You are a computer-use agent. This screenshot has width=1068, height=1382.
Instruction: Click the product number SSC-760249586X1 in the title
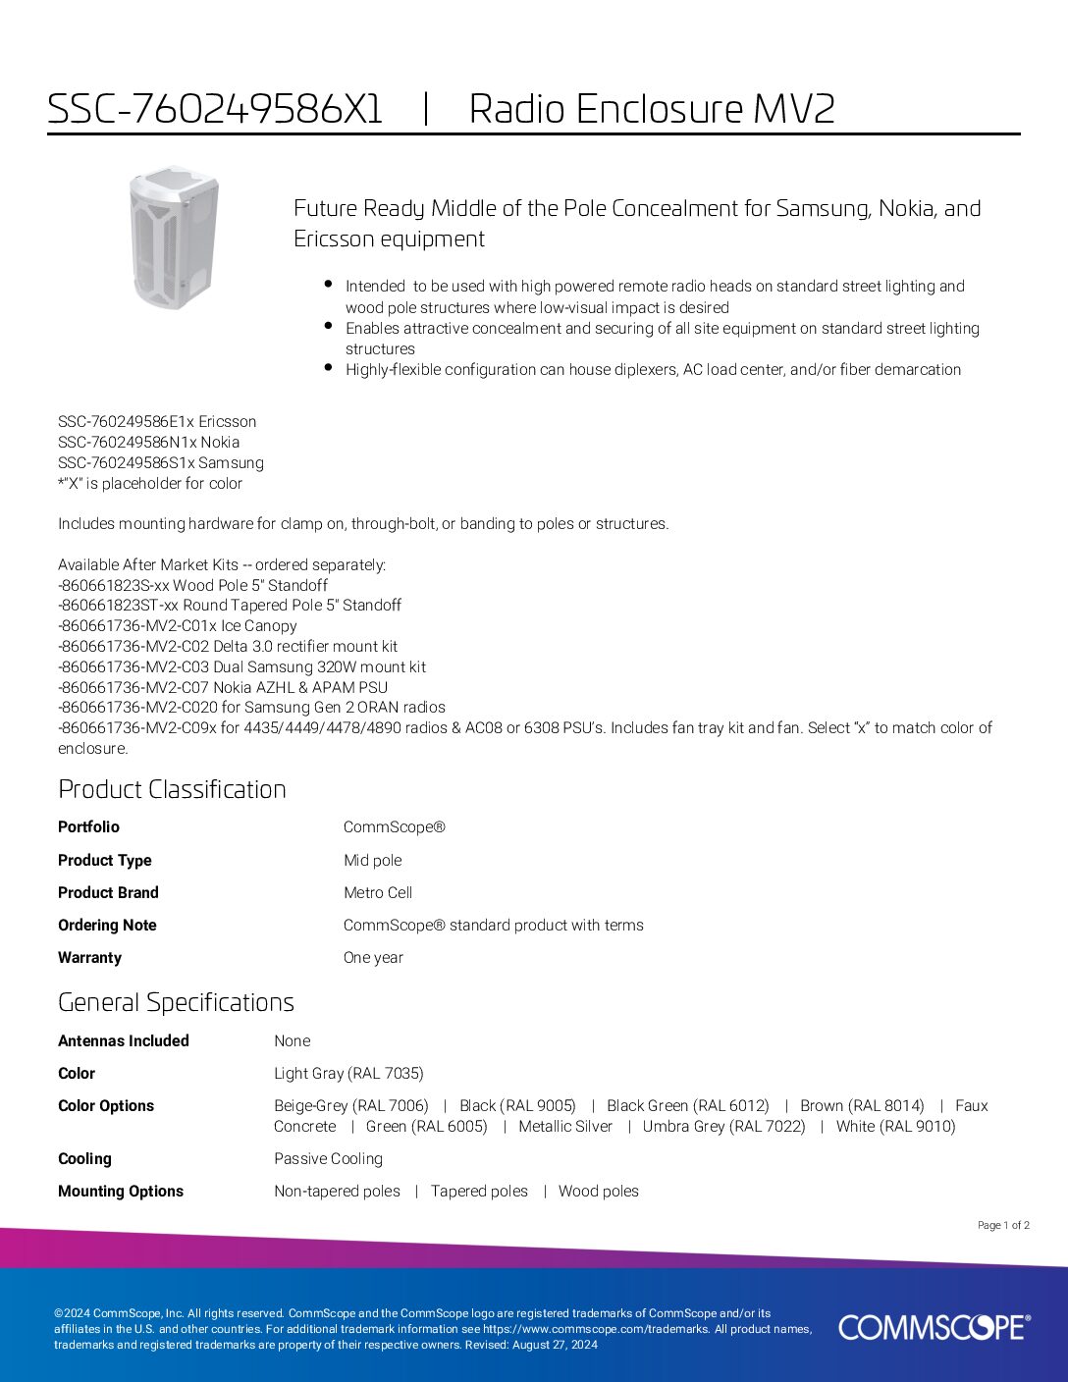(x=215, y=109)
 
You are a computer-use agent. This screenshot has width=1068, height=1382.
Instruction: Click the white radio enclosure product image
(x=174, y=237)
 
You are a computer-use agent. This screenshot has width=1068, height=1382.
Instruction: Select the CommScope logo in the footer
(x=934, y=1327)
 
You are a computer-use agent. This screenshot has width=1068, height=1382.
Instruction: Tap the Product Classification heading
(x=172, y=789)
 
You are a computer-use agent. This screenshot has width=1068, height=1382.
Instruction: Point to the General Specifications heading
(x=176, y=1002)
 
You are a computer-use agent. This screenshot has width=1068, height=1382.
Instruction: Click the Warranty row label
(x=89, y=957)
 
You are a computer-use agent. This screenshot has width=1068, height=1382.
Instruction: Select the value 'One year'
(x=373, y=957)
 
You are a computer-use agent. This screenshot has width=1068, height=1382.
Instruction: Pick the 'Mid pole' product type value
(x=372, y=860)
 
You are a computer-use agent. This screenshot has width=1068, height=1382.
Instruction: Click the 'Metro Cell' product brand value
(x=378, y=892)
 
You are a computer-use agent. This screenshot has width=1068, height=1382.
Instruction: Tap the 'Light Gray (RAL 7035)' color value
(x=348, y=1073)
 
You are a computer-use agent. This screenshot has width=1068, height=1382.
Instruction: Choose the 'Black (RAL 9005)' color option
(x=517, y=1105)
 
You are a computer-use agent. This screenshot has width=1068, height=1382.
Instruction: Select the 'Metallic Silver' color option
(x=565, y=1126)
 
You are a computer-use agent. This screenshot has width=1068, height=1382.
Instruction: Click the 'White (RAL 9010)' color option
(x=895, y=1126)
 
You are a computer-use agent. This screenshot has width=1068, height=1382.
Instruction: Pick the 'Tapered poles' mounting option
(x=479, y=1191)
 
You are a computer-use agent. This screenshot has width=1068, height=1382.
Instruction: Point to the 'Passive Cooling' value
(x=328, y=1158)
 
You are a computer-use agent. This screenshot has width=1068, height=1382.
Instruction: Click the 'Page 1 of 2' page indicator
(x=1003, y=1225)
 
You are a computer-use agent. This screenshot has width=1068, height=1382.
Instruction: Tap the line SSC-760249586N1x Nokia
(x=148, y=442)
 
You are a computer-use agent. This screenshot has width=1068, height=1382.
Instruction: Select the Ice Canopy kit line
(x=178, y=625)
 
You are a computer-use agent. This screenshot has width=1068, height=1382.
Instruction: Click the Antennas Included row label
(x=124, y=1040)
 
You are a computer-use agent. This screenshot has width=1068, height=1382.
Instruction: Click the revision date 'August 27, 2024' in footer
(x=554, y=1345)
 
